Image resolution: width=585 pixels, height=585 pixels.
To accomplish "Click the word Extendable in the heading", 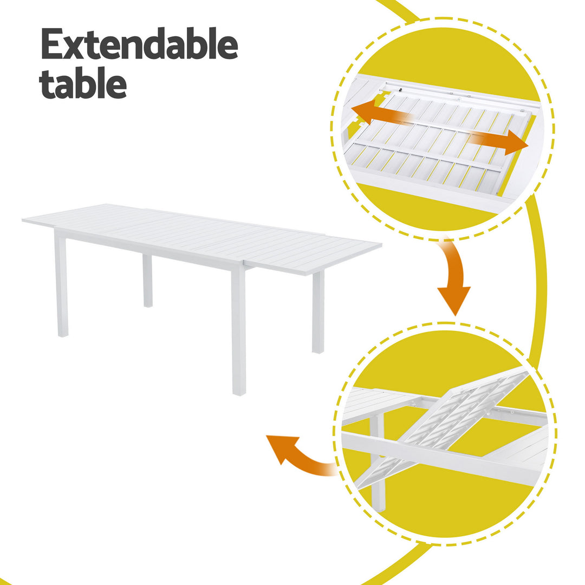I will pyautogui.click(x=139, y=44).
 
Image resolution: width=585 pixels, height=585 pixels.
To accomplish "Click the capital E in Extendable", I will pyautogui.click(x=53, y=44).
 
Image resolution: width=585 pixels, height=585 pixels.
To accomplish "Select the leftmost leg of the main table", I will pyautogui.click(x=61, y=287).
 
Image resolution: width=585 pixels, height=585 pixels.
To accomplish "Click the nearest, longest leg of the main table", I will pyautogui.click(x=238, y=330).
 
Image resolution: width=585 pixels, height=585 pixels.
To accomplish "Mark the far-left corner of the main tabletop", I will pyautogui.click(x=25, y=220).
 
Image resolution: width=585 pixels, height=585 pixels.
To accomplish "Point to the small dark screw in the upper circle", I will pyautogui.click(x=399, y=91).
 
